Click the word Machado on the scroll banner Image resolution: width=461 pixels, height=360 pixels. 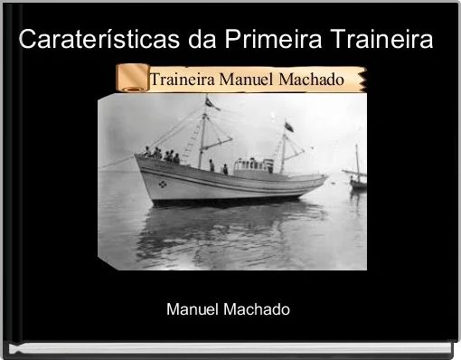coord(312,79)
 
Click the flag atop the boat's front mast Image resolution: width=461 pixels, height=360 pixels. coord(213,103)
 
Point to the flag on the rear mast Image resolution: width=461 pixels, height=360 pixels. coord(288,126)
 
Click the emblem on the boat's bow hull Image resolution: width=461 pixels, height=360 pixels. coord(164,184)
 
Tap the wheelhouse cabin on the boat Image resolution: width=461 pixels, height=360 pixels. coord(254,166)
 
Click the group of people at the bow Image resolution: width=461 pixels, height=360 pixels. coord(160,155)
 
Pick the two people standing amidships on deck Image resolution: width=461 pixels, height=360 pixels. coord(218,167)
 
